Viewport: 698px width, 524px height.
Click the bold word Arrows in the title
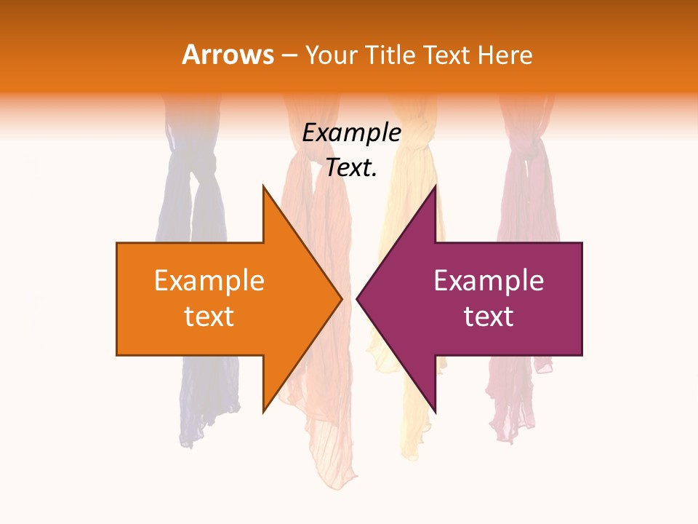pos(228,55)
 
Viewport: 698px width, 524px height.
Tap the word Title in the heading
pos(390,55)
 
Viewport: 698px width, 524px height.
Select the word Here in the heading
pos(505,55)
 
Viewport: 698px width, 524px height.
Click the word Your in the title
pos(329,55)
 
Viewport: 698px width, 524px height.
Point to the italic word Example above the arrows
pos(352,132)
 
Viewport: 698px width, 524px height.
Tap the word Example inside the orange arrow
pos(209,280)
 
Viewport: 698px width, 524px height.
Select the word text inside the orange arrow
pos(209,317)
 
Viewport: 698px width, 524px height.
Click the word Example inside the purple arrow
pos(489,280)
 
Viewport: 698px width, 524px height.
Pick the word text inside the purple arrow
pos(489,317)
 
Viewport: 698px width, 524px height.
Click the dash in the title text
pos(289,55)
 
